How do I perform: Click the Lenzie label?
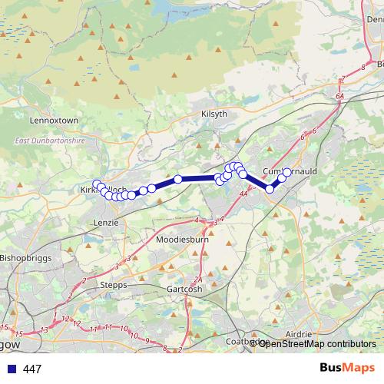[x=106, y=222]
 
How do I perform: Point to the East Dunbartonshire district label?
[x=48, y=141]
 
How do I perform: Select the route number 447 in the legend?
[x=32, y=369]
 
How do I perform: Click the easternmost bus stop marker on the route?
[x=287, y=172]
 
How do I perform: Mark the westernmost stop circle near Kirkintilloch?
[x=95, y=184]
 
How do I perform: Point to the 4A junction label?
[x=243, y=196]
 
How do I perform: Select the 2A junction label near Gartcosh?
[x=198, y=279]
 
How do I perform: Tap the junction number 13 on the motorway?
[x=44, y=329]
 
